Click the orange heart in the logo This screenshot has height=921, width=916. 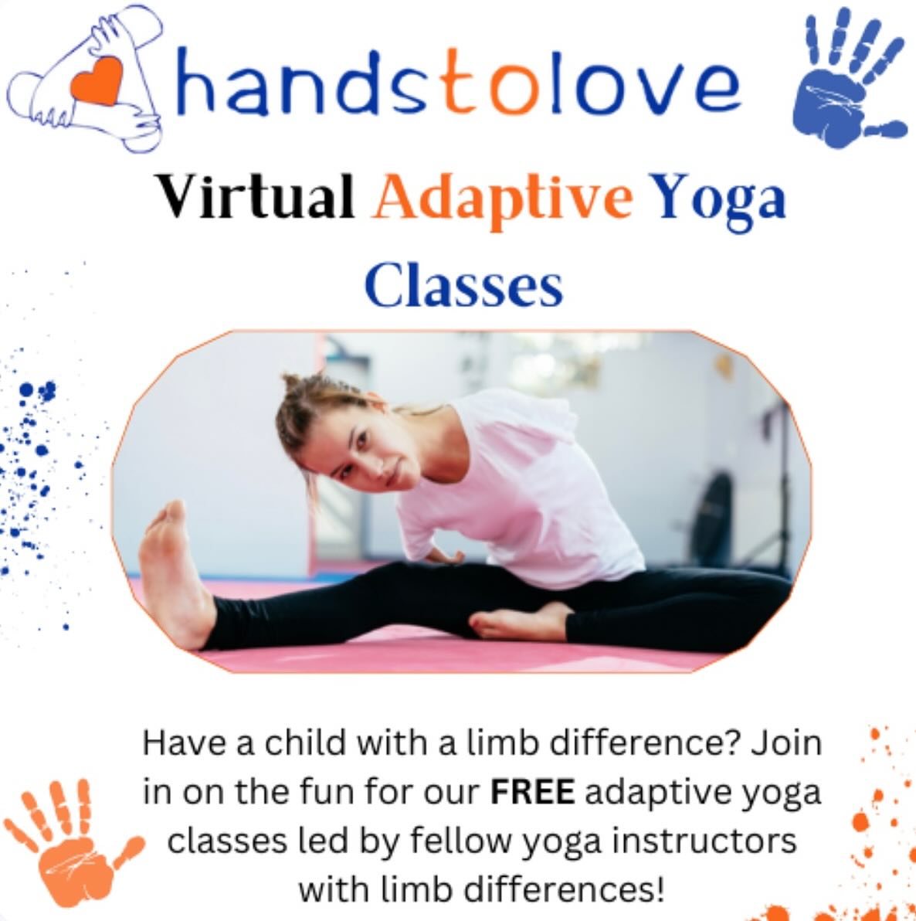[x=97, y=80]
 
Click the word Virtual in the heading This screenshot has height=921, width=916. [x=254, y=196]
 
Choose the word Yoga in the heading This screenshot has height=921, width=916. [x=719, y=199]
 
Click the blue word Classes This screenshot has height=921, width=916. [x=463, y=285]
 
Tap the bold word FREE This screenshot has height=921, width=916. [x=532, y=792]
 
